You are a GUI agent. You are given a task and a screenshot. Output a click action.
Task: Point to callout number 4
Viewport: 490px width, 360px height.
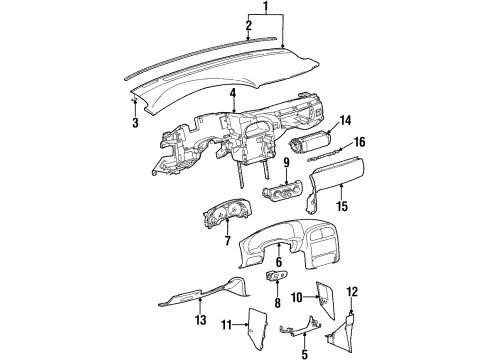pyautogui.click(x=232, y=96)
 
